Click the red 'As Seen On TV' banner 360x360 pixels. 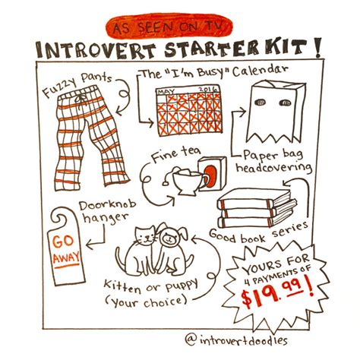coord(169,26)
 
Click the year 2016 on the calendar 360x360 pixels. coord(207,90)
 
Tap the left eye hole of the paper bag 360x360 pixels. coord(261,103)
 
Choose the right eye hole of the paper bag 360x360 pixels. coord(286,103)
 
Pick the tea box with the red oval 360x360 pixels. coord(212,173)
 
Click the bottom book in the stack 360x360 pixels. coord(256,222)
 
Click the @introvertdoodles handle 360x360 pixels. coord(236,340)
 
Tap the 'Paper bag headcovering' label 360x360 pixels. coord(273,161)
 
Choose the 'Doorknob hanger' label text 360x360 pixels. coord(107,212)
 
